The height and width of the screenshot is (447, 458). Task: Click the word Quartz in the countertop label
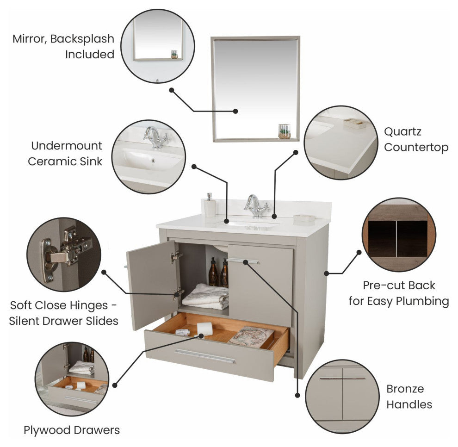[402, 131]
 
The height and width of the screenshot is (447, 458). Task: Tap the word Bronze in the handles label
[405, 389]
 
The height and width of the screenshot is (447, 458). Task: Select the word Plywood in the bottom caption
[47, 430]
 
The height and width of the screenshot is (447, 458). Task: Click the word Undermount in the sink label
[67, 145]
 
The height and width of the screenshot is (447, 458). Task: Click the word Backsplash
[82, 39]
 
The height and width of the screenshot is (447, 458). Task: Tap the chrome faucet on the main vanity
[257, 206]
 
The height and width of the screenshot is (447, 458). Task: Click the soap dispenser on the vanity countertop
[210, 205]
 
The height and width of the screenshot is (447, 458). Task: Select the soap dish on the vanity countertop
[304, 218]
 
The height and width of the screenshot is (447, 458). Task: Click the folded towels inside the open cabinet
[205, 297]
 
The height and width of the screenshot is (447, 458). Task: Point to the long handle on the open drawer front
[205, 356]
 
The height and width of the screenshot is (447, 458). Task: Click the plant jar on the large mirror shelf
[284, 131]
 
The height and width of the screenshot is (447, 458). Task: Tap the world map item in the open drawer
[251, 336]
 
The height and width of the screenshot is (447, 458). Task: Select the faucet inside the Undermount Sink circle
[156, 137]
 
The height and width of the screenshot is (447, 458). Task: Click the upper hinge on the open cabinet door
[176, 257]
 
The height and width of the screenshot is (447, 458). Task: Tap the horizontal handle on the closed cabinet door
[243, 261]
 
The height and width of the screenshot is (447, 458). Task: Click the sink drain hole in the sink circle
[153, 160]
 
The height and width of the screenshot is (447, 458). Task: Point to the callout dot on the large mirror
[235, 111]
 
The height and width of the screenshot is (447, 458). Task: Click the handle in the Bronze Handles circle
[342, 379]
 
